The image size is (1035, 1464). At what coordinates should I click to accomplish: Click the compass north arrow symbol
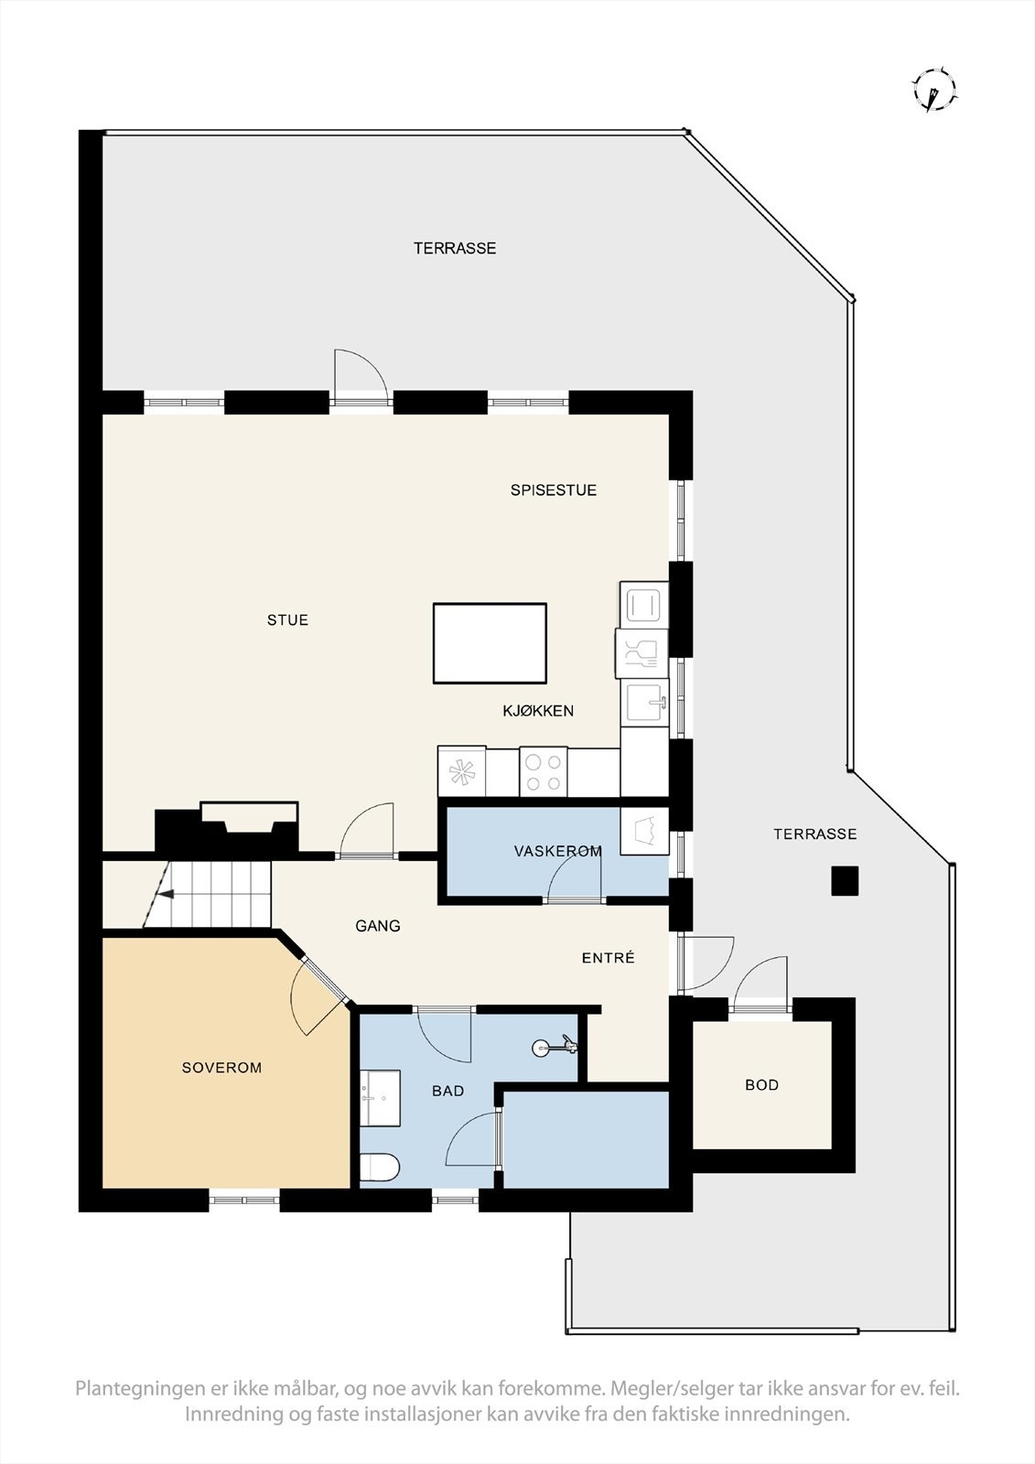pos(933,91)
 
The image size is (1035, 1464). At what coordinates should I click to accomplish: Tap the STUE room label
pos(287,620)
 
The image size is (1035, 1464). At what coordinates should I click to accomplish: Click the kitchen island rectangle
pos(490,643)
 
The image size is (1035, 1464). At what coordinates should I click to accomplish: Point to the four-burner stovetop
pos(544,771)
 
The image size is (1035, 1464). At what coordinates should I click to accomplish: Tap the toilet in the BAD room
pos(379,1168)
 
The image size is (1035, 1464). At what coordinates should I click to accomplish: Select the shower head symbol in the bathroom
pos(555,1045)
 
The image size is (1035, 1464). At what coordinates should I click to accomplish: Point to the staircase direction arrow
pos(162,896)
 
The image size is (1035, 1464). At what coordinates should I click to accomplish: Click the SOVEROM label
pos(221,1068)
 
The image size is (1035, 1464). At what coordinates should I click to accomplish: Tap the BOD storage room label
pos(761,1085)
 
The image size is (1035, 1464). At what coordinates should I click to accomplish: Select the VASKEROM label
pos(557,851)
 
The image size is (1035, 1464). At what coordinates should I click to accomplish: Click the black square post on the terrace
pos(845,881)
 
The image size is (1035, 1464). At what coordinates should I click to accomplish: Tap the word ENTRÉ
pos(608,958)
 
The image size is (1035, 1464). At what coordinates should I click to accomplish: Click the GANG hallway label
pos(378,926)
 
